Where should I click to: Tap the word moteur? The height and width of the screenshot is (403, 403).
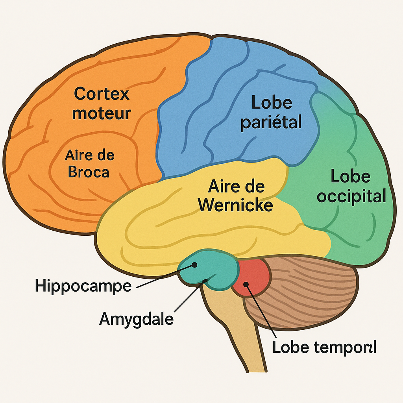101,113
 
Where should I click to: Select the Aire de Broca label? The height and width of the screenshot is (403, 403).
89,163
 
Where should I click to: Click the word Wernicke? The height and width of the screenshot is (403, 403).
235,205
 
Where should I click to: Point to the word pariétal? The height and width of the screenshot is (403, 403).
271,122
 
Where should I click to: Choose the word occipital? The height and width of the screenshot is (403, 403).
351,196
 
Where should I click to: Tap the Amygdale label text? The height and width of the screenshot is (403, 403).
136,319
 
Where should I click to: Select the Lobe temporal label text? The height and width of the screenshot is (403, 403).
324,347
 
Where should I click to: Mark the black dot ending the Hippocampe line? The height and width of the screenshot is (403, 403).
194,265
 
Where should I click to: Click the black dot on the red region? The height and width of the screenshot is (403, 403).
246,284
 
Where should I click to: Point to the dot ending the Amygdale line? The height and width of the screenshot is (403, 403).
205,281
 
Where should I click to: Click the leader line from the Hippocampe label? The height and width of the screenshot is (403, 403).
165,276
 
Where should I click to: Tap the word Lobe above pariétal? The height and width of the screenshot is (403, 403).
272,103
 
